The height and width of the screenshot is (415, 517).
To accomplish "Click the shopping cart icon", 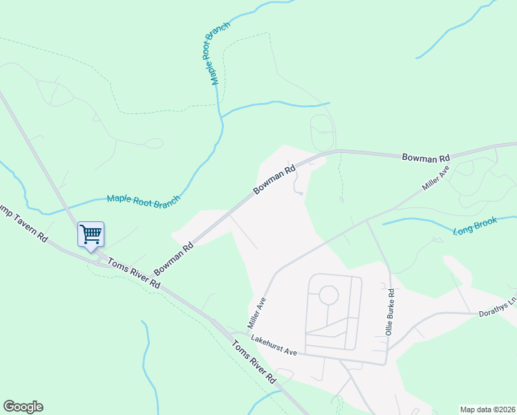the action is pyautogui.click(x=91, y=234).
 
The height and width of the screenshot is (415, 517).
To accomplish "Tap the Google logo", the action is pyautogui.click(x=23, y=407).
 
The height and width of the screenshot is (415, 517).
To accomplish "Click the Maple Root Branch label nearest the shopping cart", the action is pyautogui.click(x=143, y=199).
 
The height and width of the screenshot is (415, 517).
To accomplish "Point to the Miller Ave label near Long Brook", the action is pyautogui.click(x=436, y=178).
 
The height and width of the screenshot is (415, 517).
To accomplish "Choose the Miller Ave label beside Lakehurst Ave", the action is pyautogui.click(x=257, y=313).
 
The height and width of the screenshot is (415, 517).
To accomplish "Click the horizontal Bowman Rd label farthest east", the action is pyautogui.click(x=426, y=158).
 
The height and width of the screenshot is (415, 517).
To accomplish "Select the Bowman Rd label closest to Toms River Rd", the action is pyautogui.click(x=173, y=257).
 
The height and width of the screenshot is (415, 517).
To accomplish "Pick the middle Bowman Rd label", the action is pyautogui.click(x=274, y=178).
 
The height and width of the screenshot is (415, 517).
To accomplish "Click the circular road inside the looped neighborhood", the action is pyautogui.click(x=328, y=295).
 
